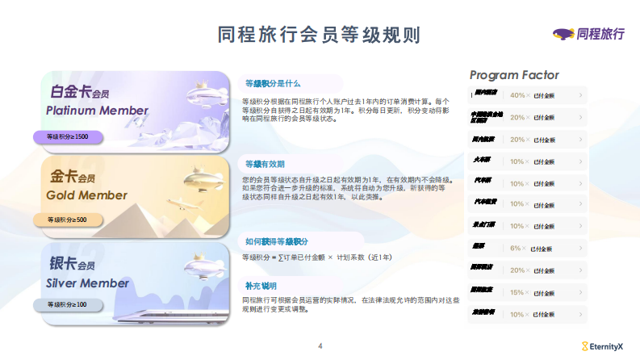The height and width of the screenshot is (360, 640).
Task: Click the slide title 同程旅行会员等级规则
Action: pyautogui.click(x=319, y=35)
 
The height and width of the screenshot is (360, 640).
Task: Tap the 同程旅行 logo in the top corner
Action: pyautogui.click(x=588, y=33)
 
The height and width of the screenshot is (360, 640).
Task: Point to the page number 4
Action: pyautogui.click(x=320, y=346)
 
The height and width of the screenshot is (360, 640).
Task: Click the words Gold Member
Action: pyautogui.click(x=86, y=195)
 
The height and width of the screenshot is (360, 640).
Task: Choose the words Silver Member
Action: pyautogui.click(x=87, y=283)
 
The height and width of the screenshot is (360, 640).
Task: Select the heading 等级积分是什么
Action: pyautogui.click(x=272, y=83)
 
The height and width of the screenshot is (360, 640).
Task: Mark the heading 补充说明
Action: pyautogui.click(x=260, y=286)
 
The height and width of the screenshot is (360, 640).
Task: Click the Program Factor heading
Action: pyautogui.click(x=514, y=75)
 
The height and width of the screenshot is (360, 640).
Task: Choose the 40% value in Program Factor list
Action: pyautogui.click(x=517, y=95)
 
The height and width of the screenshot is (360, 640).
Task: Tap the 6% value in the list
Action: pyautogui.click(x=516, y=249)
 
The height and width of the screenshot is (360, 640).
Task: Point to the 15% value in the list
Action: pyautogui.click(x=517, y=292)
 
